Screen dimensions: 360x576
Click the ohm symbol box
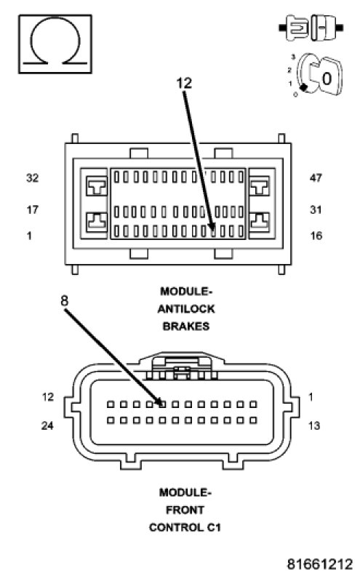tap(55, 44)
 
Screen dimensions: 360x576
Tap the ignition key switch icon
tap(316, 75)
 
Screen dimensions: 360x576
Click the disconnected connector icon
tap(311, 28)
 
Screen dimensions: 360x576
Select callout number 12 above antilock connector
tap(184, 84)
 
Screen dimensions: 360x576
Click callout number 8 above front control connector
tap(64, 301)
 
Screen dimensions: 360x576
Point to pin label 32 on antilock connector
tap(32, 177)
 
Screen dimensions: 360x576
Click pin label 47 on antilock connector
tap(316, 177)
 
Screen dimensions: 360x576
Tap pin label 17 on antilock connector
tap(32, 209)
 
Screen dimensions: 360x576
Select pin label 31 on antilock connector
tap(316, 209)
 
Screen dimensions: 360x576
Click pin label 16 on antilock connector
tap(316, 236)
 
